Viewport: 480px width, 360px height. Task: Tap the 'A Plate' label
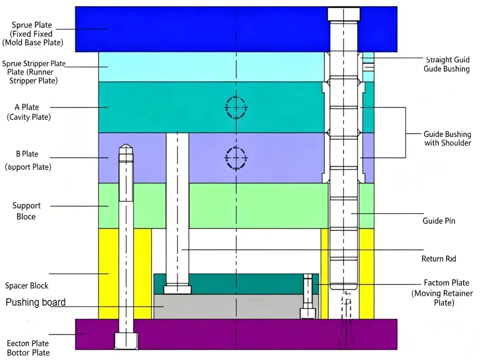pyautogui.click(x=27, y=107)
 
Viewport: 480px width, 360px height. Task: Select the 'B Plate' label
pyautogui.click(x=27, y=154)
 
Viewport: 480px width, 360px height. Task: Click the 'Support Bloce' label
pyautogui.click(x=26, y=211)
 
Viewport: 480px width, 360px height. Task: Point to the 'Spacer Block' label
pyautogui.click(x=26, y=286)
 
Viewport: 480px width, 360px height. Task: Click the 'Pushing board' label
pyautogui.click(x=36, y=302)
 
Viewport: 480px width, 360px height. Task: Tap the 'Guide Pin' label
pyautogui.click(x=439, y=220)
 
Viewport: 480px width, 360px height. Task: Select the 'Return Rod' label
pyautogui.click(x=439, y=259)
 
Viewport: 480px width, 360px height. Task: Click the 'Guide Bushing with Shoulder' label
pyautogui.click(x=447, y=138)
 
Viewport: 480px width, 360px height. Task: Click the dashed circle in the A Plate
pyautogui.click(x=236, y=107)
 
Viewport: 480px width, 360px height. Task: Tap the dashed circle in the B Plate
pyautogui.click(x=236, y=158)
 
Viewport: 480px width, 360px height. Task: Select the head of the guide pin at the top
pyautogui.click(x=344, y=14)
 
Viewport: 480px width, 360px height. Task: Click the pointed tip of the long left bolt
pyautogui.click(x=126, y=147)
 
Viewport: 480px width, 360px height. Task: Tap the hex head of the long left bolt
pyautogui.click(x=126, y=341)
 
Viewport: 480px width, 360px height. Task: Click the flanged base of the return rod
pyautogui.click(x=177, y=289)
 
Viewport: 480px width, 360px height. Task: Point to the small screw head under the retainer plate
pyautogui.click(x=308, y=313)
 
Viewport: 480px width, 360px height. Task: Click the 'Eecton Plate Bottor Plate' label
pyautogui.click(x=28, y=348)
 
